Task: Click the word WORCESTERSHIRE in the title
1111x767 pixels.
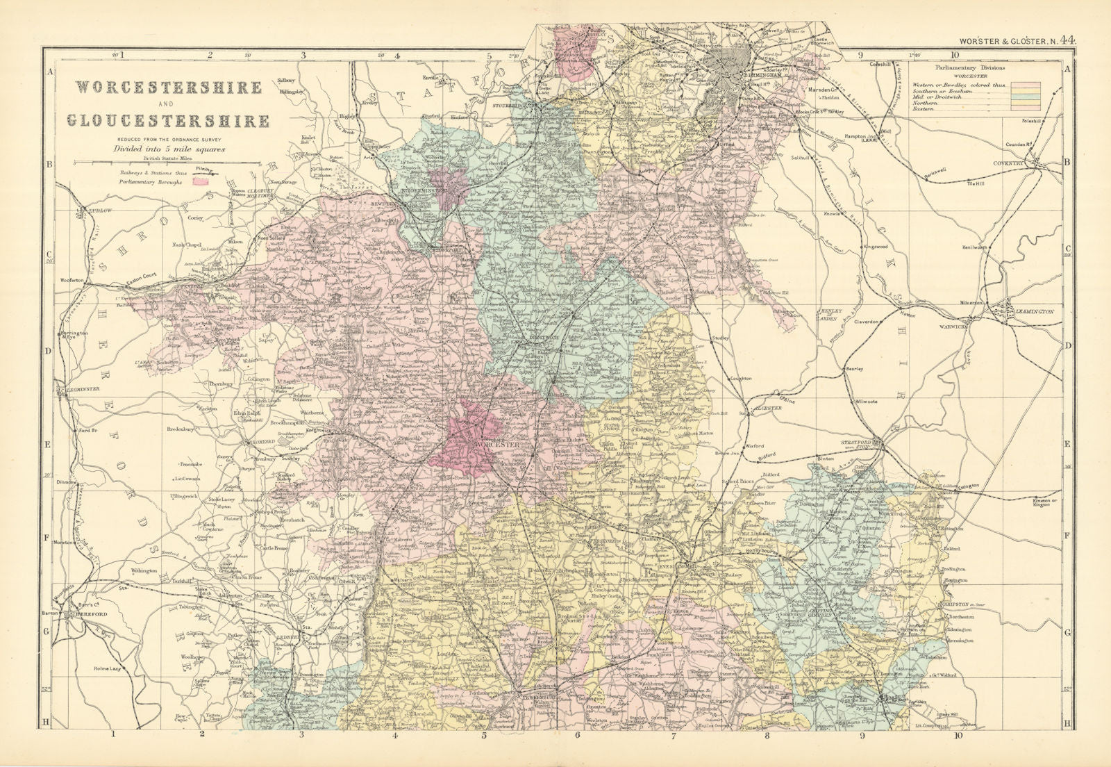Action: [x=168, y=88]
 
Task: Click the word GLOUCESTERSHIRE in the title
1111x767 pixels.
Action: [x=168, y=120]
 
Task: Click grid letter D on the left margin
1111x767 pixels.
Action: [x=49, y=350]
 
